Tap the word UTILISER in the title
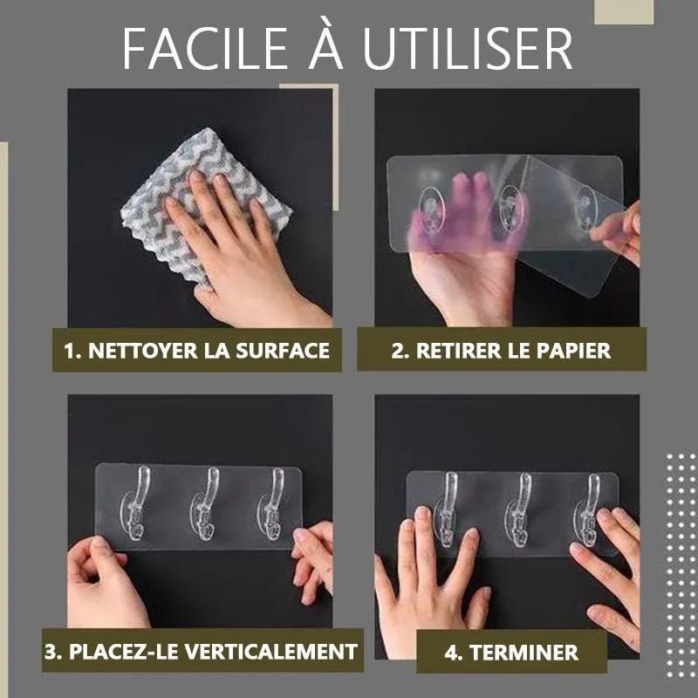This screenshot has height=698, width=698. [468, 49]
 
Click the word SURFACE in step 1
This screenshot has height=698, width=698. [283, 351]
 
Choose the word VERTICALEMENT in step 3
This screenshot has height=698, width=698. [271, 652]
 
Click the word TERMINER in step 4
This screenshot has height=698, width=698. [524, 653]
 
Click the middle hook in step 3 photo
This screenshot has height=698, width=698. [204, 504]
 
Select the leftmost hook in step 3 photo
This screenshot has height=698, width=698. [136, 504]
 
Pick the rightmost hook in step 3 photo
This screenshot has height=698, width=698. [271, 504]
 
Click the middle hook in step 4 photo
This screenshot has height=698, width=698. [519, 510]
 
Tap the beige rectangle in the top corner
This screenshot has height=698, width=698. [624, 12]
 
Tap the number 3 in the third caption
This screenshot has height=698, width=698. [51, 652]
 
